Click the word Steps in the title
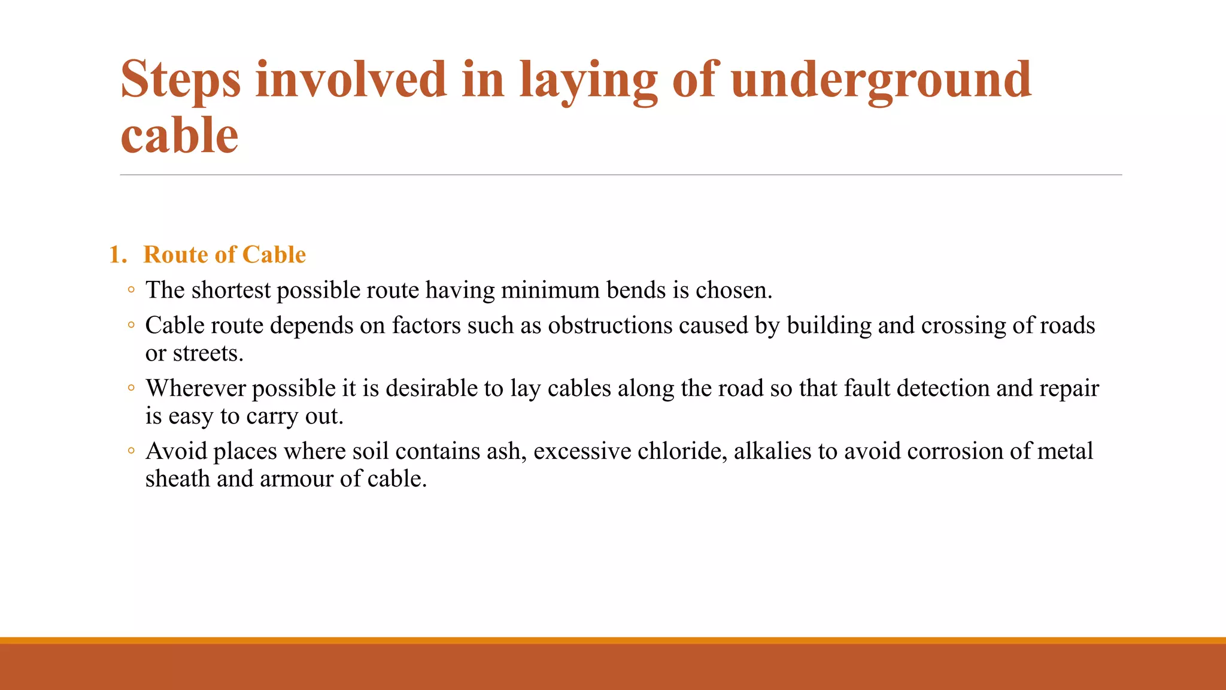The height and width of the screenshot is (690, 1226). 181,80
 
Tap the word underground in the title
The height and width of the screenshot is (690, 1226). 881,80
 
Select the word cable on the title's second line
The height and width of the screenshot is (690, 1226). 180,135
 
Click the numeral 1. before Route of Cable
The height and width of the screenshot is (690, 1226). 118,255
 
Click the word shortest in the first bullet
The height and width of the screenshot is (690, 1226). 231,290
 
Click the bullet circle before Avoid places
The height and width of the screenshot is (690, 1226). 131,451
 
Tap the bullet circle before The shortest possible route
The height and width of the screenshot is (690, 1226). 131,290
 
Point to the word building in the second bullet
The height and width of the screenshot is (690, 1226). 829,326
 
